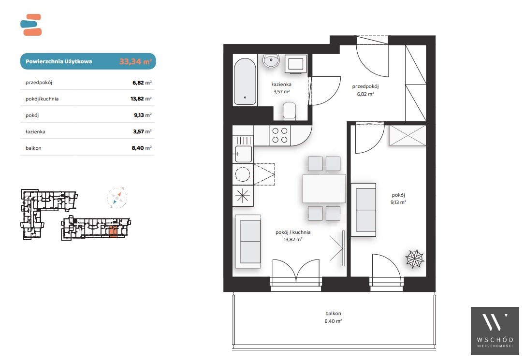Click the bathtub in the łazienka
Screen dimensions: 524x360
(x=245, y=82)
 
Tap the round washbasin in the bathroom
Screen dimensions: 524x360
(x=271, y=61)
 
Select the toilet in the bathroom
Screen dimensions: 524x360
(x=290, y=111)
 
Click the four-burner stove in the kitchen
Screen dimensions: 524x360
(x=280, y=135)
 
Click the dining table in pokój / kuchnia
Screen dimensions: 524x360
(x=324, y=188)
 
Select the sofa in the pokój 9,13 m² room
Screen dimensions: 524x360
(x=364, y=210)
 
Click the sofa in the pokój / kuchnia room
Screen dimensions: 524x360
(x=248, y=242)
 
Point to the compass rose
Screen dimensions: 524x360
(x=117, y=198)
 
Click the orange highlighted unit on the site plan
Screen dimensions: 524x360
(x=113, y=231)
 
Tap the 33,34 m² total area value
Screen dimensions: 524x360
(x=136, y=61)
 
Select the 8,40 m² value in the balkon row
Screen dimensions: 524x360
(x=142, y=148)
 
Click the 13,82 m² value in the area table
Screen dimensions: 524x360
(x=141, y=99)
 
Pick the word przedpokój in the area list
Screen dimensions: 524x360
(x=39, y=83)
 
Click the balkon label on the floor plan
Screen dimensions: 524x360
(x=333, y=313)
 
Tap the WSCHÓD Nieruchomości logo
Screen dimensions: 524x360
(x=495, y=331)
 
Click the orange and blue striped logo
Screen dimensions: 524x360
(x=31, y=25)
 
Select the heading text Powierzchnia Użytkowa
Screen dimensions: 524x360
(x=59, y=61)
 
